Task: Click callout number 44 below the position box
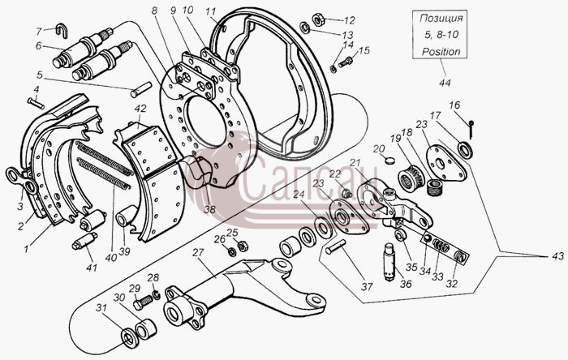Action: click(445, 83)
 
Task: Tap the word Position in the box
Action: click(441, 51)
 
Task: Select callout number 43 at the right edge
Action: click(558, 256)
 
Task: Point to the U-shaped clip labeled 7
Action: click(62, 29)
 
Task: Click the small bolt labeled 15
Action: click(345, 62)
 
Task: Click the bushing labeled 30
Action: click(145, 328)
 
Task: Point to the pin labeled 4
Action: click(36, 103)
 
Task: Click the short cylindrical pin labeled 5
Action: click(141, 90)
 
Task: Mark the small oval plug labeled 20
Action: click(389, 160)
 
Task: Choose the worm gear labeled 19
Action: click(410, 175)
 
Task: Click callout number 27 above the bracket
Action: click(198, 252)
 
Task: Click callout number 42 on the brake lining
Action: click(140, 109)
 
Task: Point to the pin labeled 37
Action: click(337, 247)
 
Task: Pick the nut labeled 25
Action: click(243, 246)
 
